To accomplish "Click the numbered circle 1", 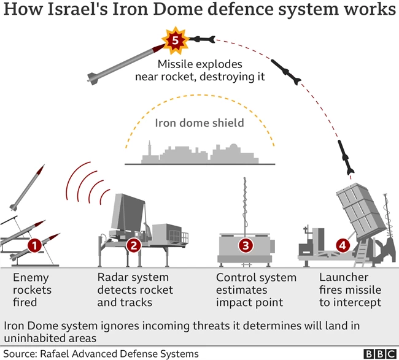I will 35,247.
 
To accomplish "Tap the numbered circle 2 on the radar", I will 134,247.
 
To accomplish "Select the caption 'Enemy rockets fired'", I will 32,289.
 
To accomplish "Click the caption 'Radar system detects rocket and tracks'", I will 135,289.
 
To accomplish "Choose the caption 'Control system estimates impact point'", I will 255,289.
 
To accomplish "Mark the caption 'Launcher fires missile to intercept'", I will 351,289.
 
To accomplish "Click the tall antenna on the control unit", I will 245,202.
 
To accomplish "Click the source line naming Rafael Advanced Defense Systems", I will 101,354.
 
